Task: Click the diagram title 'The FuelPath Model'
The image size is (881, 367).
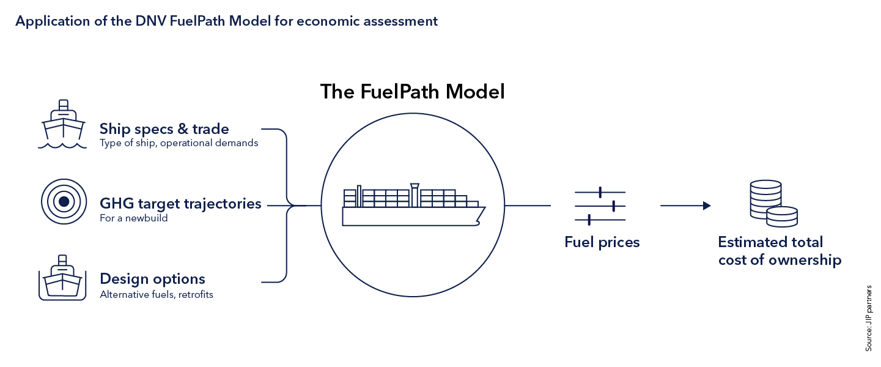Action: [x=413, y=92]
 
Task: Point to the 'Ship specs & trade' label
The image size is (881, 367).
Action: [x=164, y=129]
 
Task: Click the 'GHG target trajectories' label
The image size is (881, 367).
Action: [x=180, y=204]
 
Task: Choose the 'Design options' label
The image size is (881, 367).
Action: [x=152, y=279]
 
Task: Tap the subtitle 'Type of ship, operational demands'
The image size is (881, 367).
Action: [x=179, y=143]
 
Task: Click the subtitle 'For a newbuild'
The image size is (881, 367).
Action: [x=133, y=218]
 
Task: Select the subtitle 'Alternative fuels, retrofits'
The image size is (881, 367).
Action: [x=157, y=294]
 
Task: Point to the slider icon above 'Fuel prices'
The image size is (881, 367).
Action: [x=600, y=206]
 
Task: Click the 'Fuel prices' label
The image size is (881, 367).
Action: [x=602, y=242]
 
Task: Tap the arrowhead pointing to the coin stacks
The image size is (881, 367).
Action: [x=707, y=206]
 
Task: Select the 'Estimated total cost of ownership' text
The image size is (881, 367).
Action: [x=780, y=251]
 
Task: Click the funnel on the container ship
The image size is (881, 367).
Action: [x=415, y=193]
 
